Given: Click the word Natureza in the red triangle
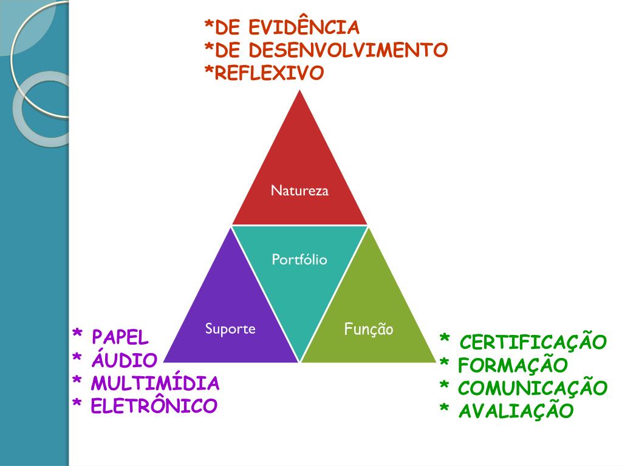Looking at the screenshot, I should point(299,191).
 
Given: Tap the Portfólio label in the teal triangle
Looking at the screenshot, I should point(299,260).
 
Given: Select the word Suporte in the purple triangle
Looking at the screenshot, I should point(230,329).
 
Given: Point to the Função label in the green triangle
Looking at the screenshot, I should point(369,329).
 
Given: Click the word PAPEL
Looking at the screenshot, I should point(120,337).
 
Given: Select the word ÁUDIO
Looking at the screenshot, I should point(124,360).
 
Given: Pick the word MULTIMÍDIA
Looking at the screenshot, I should point(155,383).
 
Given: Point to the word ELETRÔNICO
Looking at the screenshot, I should point(154,405).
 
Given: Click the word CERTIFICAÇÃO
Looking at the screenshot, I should point(533,342).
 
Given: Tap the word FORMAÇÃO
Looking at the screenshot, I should point(513,365).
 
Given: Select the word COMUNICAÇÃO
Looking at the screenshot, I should point(533,388).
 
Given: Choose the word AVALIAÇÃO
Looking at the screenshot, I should point(516,411).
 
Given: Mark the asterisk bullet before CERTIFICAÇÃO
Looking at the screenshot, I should point(445,339).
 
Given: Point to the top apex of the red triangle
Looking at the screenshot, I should point(299,92).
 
